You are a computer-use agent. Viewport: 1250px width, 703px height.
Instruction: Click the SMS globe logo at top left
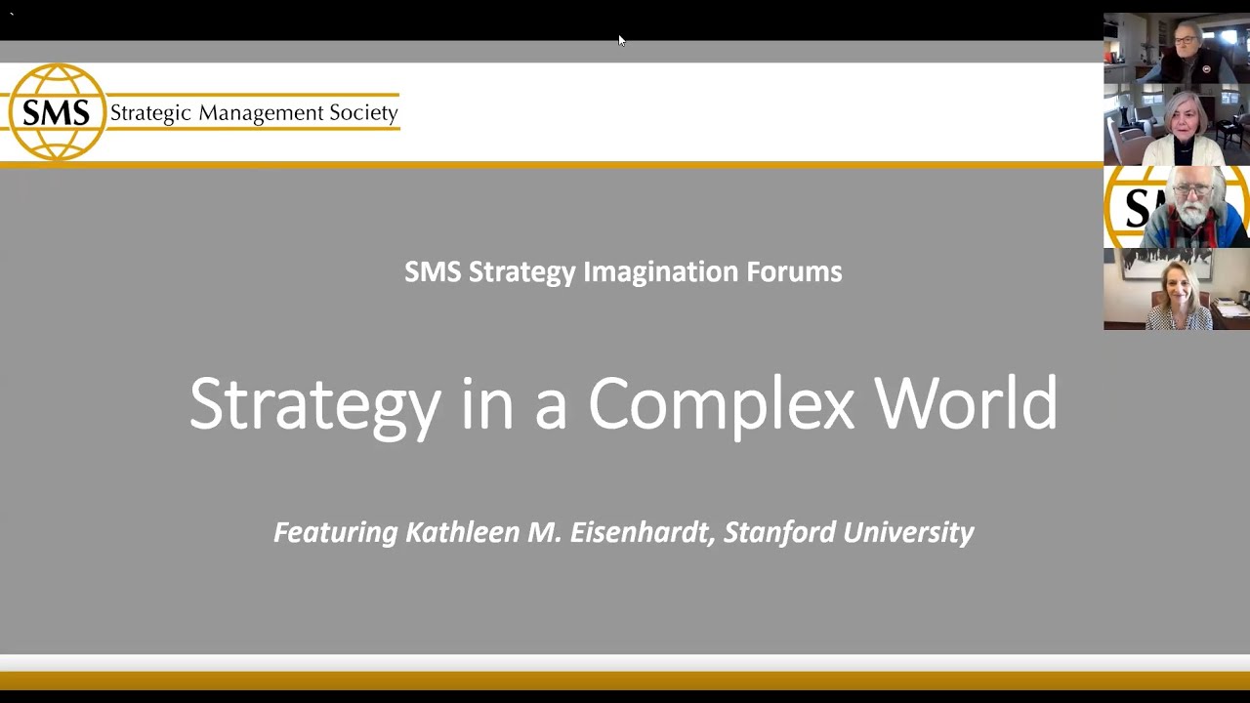[56, 112]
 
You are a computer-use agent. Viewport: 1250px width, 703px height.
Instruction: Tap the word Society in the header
[363, 113]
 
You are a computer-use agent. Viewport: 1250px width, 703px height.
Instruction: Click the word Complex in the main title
[721, 403]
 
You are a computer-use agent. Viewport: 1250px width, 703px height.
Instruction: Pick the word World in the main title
[965, 403]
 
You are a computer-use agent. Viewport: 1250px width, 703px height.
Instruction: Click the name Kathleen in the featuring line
[456, 532]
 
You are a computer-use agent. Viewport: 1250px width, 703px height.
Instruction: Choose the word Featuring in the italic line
[335, 533]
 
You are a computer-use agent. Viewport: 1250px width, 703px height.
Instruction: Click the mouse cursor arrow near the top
[620, 39]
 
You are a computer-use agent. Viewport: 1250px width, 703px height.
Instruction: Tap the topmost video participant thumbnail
[1177, 48]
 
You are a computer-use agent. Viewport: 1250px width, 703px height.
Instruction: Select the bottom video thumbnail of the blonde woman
[1177, 289]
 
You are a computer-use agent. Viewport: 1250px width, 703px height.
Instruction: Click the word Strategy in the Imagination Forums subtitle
[521, 272]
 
